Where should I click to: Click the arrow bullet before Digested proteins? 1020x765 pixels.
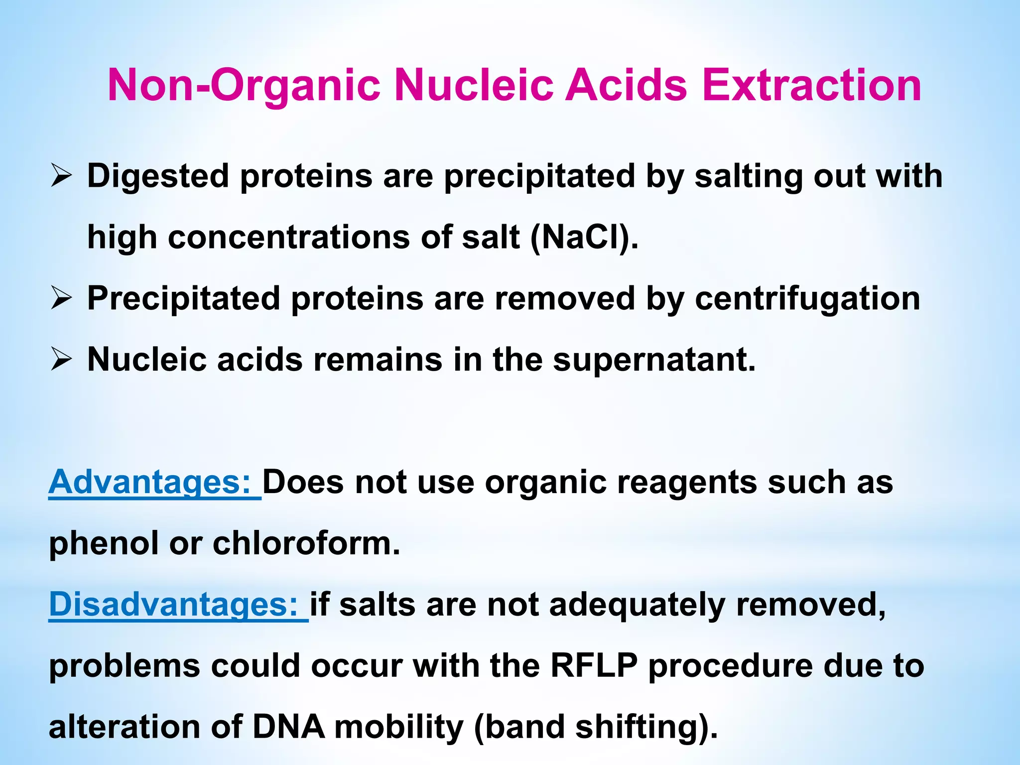[61, 177]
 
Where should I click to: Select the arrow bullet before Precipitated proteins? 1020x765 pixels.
[61, 299]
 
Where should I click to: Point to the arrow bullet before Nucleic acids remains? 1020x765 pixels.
[61, 360]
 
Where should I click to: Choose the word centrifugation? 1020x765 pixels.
[807, 299]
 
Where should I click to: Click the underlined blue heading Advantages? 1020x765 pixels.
[154, 482]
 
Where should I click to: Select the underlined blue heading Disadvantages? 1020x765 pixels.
[177, 605]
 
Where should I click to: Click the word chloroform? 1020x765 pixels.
[306, 543]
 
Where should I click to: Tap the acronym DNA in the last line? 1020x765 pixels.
[289, 727]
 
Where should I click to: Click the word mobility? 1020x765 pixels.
[399, 727]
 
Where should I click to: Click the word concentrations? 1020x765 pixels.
[289, 237]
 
